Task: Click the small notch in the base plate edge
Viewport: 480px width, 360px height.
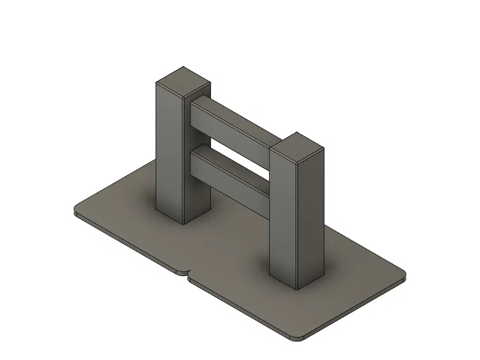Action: point(187,272)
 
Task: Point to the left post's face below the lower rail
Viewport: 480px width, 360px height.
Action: point(195,199)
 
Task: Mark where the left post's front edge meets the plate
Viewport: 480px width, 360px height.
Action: point(183,223)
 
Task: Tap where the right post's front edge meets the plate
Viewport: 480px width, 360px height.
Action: point(297,288)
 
